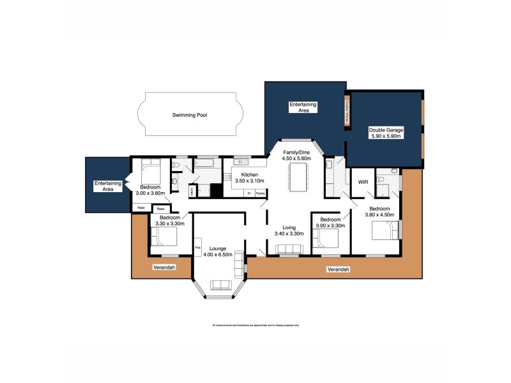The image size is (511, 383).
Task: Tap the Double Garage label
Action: coord(385,133)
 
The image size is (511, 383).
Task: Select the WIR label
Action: coord(363,183)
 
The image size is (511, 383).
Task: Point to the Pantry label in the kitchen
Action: coord(260,192)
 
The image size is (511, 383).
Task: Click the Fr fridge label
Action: coord(248,192)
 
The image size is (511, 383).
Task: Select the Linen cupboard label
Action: coord(192,191)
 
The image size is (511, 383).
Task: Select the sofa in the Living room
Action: coord(288,251)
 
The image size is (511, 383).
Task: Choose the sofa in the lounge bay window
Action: coord(221,285)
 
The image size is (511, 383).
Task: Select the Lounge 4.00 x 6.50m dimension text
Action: coord(217,252)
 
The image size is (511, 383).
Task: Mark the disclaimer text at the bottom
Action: coord(256,325)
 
